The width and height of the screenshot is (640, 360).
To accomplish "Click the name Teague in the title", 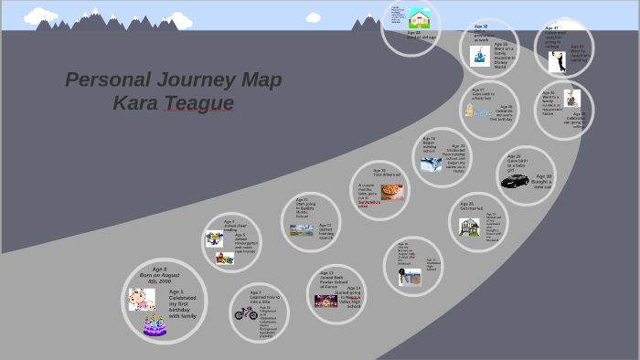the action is (x=198, y=103).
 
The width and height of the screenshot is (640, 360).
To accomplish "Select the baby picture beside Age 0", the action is (x=141, y=298).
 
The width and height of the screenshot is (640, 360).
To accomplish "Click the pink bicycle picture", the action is (x=245, y=312).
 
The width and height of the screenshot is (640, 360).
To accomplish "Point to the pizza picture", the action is (x=392, y=193).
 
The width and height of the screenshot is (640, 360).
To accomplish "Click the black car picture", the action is (x=515, y=180).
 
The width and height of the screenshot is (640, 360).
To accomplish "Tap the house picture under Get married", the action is (x=469, y=227).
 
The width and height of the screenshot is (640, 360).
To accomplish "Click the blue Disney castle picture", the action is (x=479, y=57).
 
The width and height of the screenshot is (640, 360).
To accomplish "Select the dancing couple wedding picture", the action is (x=557, y=61).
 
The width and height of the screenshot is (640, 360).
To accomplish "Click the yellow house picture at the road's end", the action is (x=420, y=18).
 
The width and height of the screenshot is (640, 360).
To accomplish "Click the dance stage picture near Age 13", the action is (x=325, y=301).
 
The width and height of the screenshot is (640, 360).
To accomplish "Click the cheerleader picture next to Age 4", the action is (x=215, y=239).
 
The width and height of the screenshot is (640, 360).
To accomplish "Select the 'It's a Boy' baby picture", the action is (x=476, y=111).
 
